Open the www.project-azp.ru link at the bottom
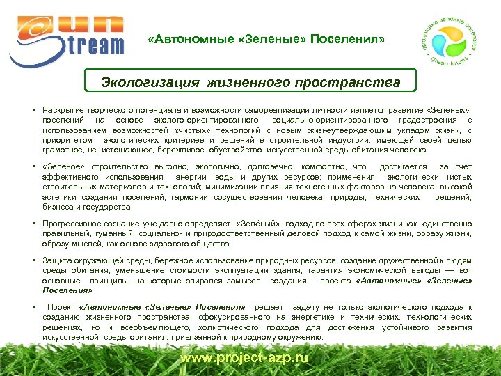tap(244, 357)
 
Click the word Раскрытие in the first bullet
tap(62, 111)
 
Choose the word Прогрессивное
tap(75, 224)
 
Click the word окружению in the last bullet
tap(301, 336)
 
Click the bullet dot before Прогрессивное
tap(33, 224)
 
